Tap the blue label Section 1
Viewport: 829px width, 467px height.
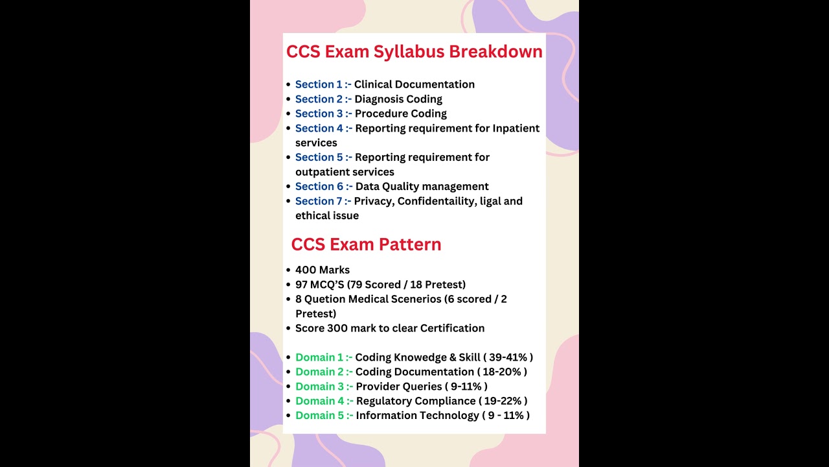click(x=319, y=84)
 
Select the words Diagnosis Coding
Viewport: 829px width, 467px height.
click(x=398, y=99)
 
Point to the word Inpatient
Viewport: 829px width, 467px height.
click(x=516, y=128)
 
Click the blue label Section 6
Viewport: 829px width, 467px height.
click(x=319, y=187)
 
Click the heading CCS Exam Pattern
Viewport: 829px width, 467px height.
click(x=366, y=245)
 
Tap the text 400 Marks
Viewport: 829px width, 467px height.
click(x=323, y=270)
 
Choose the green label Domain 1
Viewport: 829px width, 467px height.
click(x=319, y=357)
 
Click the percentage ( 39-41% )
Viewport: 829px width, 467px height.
click(x=508, y=357)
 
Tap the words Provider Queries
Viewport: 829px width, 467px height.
click(x=399, y=387)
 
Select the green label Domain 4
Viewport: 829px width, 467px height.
click(x=320, y=401)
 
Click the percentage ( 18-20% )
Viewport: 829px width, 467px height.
click(x=502, y=372)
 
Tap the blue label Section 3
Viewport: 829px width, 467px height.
click(x=319, y=114)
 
